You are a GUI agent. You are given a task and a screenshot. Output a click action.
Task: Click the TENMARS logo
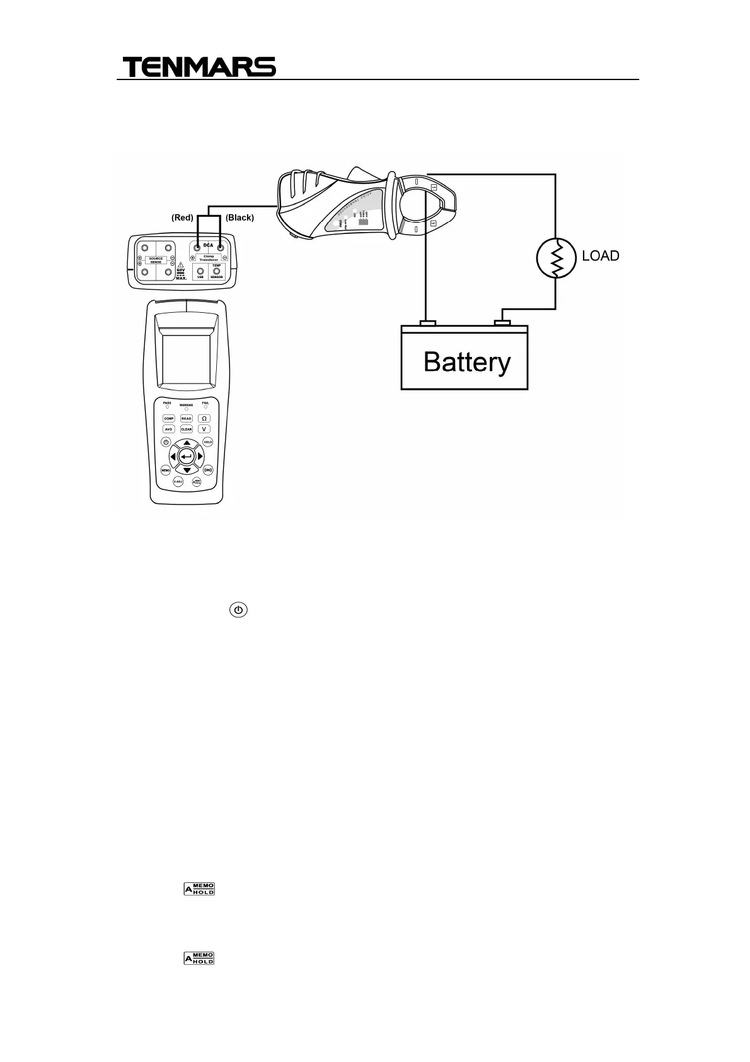pyautogui.click(x=199, y=67)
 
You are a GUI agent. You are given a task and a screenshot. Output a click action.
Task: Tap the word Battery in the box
pyautogui.click(x=467, y=363)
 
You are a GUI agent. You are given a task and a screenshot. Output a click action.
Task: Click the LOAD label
pyautogui.click(x=600, y=256)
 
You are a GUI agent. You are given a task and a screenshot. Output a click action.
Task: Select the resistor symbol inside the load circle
pyautogui.click(x=556, y=259)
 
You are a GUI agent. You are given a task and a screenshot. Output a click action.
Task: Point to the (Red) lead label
pyautogui.click(x=182, y=218)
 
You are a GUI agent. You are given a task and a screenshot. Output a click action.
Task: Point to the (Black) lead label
pyautogui.click(x=239, y=218)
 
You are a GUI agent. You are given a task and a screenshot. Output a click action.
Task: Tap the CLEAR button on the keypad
pyautogui.click(x=187, y=429)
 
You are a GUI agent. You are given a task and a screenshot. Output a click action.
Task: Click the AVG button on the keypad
pyautogui.click(x=168, y=429)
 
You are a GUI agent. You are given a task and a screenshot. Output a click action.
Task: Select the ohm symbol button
pyautogui.click(x=204, y=418)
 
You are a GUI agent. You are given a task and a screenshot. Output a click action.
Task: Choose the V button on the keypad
pyautogui.click(x=204, y=429)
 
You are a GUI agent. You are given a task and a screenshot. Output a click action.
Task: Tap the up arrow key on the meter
pyautogui.click(x=187, y=443)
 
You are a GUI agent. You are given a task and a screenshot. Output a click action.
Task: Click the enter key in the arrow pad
pyautogui.click(x=186, y=456)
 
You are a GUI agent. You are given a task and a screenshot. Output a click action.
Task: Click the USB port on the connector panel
pyautogui.click(x=200, y=272)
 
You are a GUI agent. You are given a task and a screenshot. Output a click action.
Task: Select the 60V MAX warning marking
pyautogui.click(x=182, y=272)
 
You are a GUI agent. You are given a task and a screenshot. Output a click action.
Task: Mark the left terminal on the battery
pyautogui.click(x=427, y=324)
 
